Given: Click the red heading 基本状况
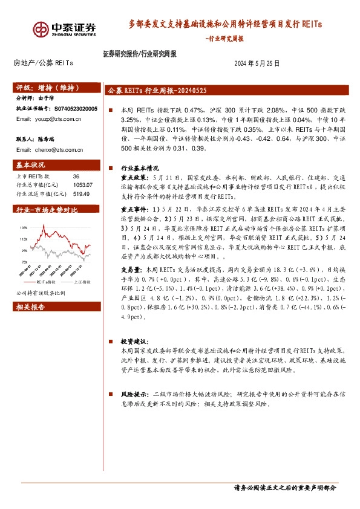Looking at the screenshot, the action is click(x=30, y=164).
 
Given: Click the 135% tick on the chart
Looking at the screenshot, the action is click(x=24, y=227).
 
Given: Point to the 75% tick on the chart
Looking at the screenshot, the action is click(x=24, y=262).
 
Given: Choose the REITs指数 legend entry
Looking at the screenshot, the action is click(x=45, y=282).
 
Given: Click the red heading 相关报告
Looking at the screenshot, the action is click(x=30, y=307).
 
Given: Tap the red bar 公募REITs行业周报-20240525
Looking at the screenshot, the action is click(x=157, y=90).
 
